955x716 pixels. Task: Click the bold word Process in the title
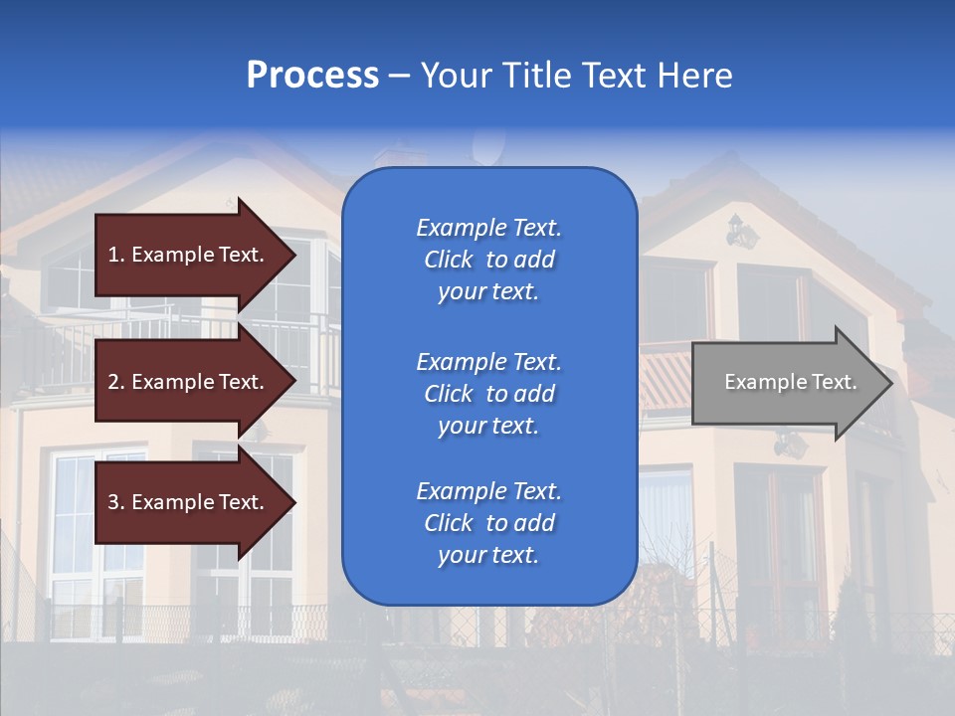(x=312, y=76)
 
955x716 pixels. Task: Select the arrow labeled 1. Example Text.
(x=189, y=255)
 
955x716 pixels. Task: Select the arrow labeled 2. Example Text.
(x=189, y=382)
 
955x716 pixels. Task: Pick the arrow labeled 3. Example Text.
(x=189, y=502)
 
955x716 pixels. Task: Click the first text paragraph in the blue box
(x=488, y=260)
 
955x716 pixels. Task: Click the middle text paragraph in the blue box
(x=488, y=394)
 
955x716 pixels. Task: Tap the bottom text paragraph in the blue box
(x=488, y=523)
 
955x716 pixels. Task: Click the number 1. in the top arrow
(x=116, y=255)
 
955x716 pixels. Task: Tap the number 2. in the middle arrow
(x=116, y=382)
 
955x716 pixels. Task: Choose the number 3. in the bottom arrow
(x=116, y=502)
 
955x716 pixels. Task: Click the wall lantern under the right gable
(x=741, y=233)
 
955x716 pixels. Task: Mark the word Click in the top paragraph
(x=449, y=260)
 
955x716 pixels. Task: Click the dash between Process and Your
(x=399, y=77)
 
